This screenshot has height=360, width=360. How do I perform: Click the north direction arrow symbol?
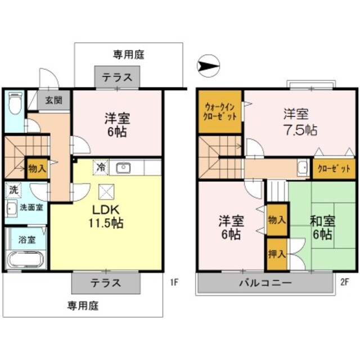[x=207, y=66]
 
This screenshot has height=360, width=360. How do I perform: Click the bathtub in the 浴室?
[x=26, y=260]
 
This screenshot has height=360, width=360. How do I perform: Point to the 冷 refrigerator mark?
[x=100, y=166]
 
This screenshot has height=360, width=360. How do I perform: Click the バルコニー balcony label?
[x=264, y=283]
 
